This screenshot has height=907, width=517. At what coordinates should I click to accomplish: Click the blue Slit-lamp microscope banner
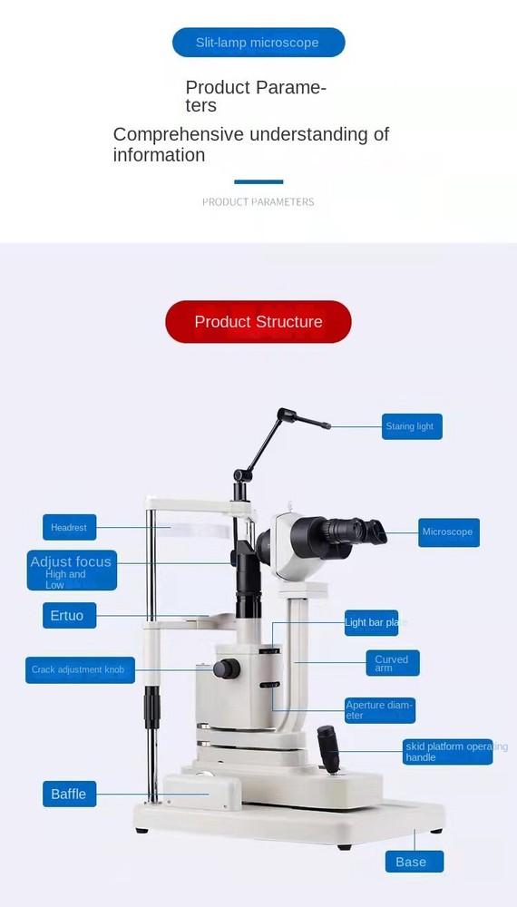(258, 43)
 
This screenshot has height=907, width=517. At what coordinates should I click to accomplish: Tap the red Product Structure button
(258, 322)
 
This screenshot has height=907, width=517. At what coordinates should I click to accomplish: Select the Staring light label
(412, 426)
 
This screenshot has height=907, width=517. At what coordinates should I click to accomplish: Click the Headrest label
(69, 527)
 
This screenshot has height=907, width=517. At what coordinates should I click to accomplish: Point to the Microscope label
(448, 532)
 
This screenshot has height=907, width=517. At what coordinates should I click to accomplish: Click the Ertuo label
(68, 616)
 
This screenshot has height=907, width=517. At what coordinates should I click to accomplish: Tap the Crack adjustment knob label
(80, 670)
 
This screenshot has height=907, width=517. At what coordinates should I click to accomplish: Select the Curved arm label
(394, 663)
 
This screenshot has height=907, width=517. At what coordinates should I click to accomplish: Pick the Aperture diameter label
(380, 710)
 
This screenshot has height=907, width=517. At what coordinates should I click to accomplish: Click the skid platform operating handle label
(448, 752)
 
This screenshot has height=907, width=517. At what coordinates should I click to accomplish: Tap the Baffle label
(69, 794)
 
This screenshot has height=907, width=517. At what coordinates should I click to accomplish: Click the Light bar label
(374, 622)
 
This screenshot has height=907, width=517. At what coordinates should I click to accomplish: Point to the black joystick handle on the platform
(328, 747)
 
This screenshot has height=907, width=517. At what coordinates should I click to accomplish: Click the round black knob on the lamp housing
(226, 669)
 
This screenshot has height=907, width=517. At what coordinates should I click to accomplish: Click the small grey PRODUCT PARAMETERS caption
(258, 202)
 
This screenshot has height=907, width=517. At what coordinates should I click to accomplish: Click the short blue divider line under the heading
(258, 181)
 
